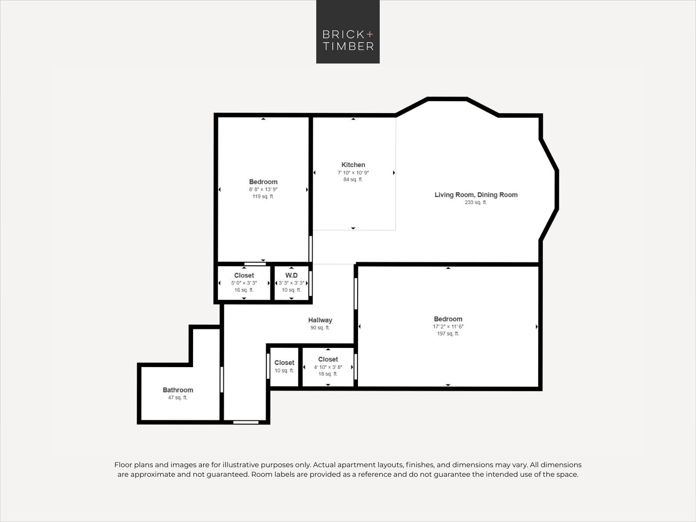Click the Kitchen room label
(353, 165)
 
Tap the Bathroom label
(178, 390)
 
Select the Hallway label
(320, 320)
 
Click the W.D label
(291, 275)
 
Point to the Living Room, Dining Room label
(476, 194)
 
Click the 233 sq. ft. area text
(476, 202)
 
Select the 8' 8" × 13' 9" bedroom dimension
(263, 190)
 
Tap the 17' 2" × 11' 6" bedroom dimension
(448, 326)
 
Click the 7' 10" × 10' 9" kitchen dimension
(353, 173)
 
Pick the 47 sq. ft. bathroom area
(178, 398)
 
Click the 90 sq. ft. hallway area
(320, 328)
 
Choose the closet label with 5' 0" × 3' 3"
(244, 275)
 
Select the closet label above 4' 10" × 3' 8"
(328, 359)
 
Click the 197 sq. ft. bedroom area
(448, 333)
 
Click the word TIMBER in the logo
(348, 46)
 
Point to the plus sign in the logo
(370, 34)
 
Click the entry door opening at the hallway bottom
(246, 422)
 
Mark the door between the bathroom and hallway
(222, 380)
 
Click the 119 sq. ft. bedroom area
(263, 197)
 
